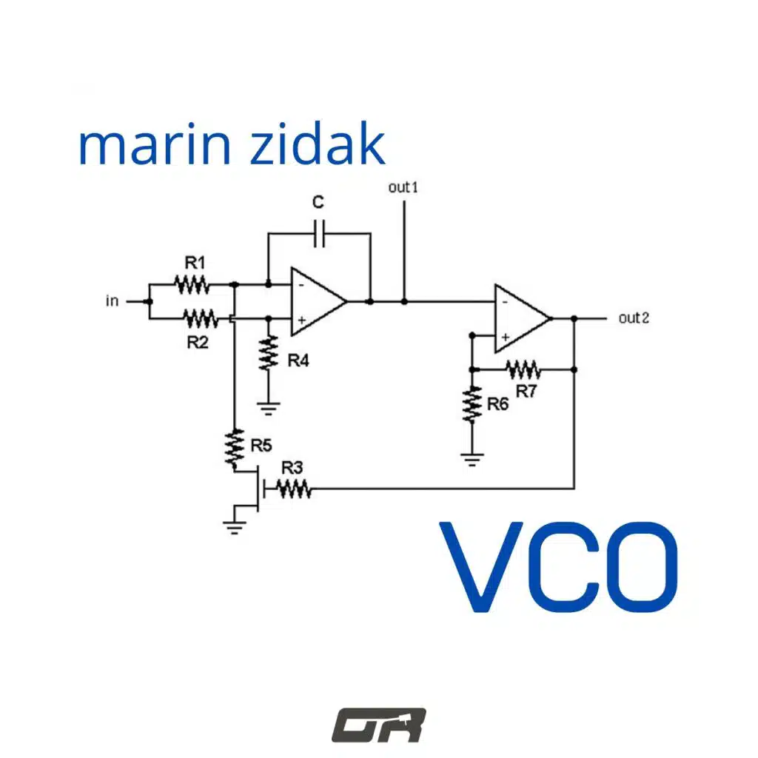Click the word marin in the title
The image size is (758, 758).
(x=154, y=145)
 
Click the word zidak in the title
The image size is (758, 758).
(x=318, y=143)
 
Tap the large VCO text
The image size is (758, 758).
(x=559, y=567)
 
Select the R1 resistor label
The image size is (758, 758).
(x=195, y=263)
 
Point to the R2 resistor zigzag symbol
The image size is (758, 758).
(x=201, y=319)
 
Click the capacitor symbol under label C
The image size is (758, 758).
(x=320, y=233)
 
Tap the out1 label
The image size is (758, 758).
(x=403, y=187)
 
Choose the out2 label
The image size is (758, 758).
(x=634, y=318)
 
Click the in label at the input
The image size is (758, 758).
(x=113, y=301)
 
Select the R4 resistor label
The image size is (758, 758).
(x=298, y=360)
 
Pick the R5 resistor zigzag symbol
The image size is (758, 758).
(x=235, y=449)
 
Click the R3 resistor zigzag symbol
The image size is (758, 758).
(x=294, y=489)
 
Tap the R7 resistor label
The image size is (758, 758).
(x=526, y=391)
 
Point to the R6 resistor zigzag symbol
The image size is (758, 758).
(x=472, y=405)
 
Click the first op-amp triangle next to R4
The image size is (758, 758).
(x=318, y=301)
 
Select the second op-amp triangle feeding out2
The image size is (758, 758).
(x=523, y=318)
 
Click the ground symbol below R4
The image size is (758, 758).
(x=268, y=409)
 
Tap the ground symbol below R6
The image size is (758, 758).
(x=472, y=460)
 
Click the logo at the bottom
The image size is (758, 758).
(x=379, y=725)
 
